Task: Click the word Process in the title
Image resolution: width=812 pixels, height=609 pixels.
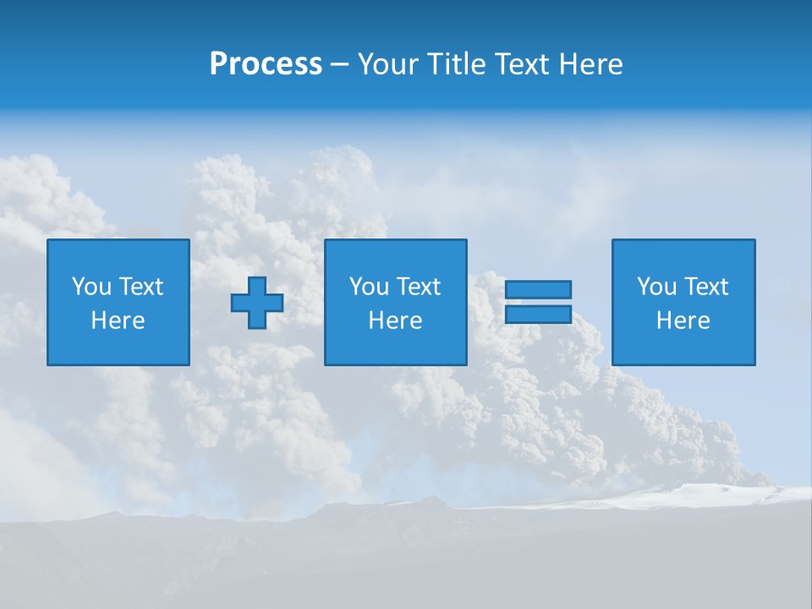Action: (x=266, y=64)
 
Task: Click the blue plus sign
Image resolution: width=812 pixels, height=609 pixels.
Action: (x=257, y=303)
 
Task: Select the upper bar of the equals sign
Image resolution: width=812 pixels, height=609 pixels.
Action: (x=538, y=289)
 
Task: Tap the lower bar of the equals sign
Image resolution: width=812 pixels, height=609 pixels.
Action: (x=538, y=314)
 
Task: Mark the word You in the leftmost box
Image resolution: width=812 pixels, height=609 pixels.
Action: (x=91, y=287)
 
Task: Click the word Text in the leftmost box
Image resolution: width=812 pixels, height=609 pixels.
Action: (x=140, y=287)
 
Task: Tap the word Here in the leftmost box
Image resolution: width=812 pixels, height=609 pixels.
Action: (x=118, y=321)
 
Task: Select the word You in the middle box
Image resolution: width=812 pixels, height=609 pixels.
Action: (x=369, y=287)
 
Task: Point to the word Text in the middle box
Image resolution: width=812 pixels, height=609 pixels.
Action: (x=418, y=287)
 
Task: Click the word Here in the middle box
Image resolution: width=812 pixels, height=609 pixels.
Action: (x=396, y=321)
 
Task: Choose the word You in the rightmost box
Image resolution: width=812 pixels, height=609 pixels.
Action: (x=656, y=287)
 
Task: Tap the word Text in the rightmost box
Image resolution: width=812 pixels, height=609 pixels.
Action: (x=705, y=287)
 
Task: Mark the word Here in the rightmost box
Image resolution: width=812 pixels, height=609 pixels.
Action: (x=683, y=321)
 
